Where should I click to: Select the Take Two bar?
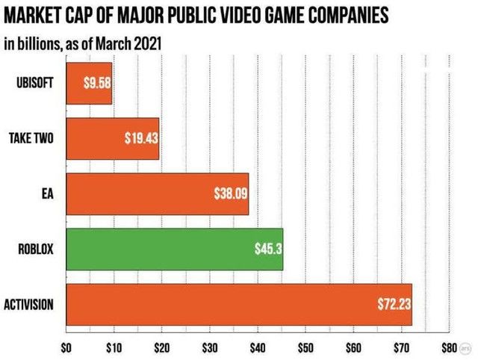(112, 138)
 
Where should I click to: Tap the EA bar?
(157, 193)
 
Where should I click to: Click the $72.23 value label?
(393, 304)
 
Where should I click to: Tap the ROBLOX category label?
(36, 249)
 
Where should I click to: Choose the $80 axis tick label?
(447, 347)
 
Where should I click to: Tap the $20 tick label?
(161, 347)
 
